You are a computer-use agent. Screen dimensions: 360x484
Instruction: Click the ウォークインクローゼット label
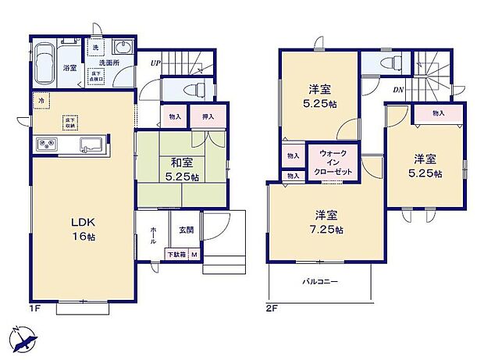tap(333, 162)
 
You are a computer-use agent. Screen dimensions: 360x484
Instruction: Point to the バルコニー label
tap(321, 281)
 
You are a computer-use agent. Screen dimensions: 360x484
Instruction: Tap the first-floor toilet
tap(198, 87)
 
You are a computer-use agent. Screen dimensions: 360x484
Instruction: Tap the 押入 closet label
tap(208, 117)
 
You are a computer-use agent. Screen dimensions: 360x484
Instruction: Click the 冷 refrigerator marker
tap(41, 100)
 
